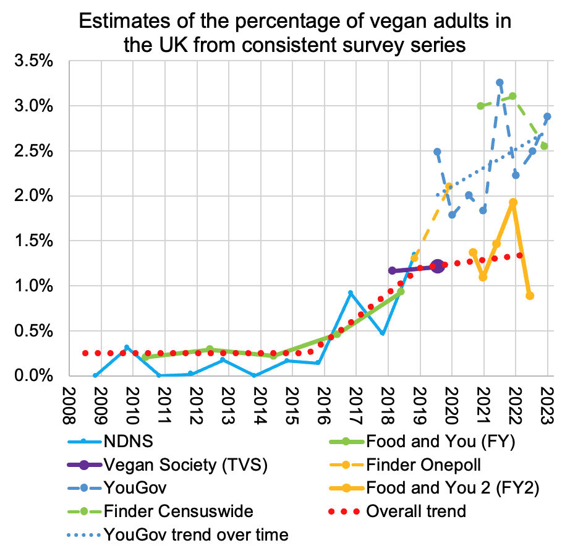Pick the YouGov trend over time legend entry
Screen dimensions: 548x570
coord(197,533)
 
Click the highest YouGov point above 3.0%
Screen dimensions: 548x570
coord(500,82)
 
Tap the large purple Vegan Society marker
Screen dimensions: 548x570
coord(438,266)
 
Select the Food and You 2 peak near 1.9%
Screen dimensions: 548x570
coord(513,202)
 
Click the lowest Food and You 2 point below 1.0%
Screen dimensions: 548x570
coord(530,296)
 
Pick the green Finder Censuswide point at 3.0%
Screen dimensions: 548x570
coord(480,106)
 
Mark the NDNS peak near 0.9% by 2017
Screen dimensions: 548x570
coord(351,293)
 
